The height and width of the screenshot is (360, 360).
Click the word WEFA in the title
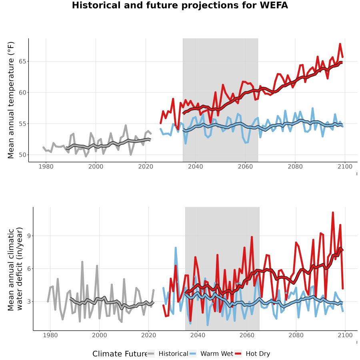274,5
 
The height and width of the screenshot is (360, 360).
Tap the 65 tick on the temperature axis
22,62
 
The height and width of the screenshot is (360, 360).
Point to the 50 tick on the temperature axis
22,155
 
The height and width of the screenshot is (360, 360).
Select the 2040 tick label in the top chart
195,166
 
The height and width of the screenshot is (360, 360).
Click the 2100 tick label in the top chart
345,166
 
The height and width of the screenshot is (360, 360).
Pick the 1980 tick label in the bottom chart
50,335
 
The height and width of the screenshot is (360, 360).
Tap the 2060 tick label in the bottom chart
247,335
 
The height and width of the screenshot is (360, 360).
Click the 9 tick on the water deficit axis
29,236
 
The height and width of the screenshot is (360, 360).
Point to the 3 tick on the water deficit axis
29,302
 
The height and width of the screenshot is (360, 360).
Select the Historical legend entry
168,354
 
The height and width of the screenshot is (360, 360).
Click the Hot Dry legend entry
252,354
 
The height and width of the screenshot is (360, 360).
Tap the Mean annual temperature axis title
11,100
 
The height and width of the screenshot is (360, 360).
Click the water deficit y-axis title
15,269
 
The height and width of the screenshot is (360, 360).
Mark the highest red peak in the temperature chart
340,44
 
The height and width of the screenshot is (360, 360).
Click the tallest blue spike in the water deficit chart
176,248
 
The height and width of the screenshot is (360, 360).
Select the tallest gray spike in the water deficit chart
82,262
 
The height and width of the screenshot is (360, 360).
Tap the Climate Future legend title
120,354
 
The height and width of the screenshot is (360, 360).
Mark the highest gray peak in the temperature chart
126,125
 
